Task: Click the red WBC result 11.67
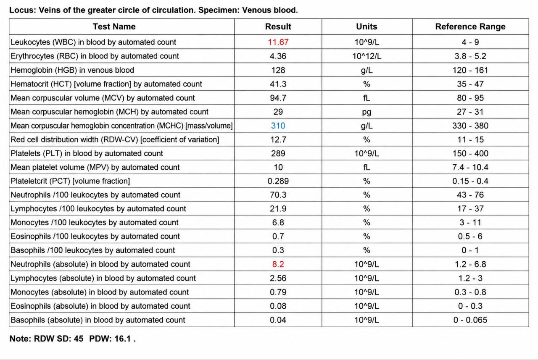click(278, 42)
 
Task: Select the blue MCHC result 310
click(278, 126)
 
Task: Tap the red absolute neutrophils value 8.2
click(278, 264)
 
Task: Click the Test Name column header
click(114, 26)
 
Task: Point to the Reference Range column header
click(470, 26)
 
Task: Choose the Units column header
click(367, 26)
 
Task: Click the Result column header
click(278, 26)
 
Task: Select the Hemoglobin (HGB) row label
click(72, 70)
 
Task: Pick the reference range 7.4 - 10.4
click(470, 167)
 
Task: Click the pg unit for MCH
click(367, 112)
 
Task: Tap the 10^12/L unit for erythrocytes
click(367, 56)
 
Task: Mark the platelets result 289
click(278, 153)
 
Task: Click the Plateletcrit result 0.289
click(278, 181)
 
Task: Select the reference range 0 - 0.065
click(470, 320)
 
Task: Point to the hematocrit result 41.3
click(278, 84)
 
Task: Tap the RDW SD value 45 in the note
click(79, 339)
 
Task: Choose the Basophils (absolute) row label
click(98, 320)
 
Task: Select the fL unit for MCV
click(367, 98)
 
